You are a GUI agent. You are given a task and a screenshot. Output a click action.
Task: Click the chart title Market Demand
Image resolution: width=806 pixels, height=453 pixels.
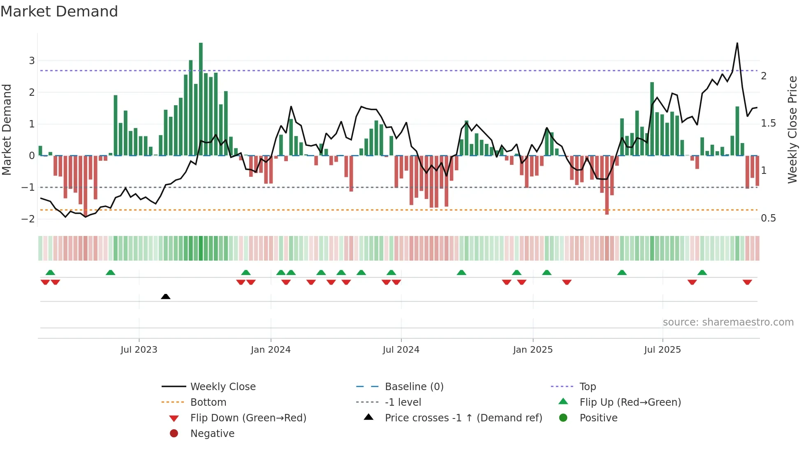click(59, 12)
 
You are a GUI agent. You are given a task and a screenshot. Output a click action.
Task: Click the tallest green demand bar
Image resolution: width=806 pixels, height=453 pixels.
click(201, 99)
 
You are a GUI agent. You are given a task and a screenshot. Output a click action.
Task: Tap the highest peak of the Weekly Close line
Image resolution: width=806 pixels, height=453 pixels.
click(737, 44)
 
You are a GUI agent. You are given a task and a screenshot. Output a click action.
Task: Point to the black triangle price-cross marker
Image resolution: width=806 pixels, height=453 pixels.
click(166, 296)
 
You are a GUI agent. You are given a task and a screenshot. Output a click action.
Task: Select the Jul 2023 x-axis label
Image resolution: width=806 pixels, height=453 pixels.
click(139, 349)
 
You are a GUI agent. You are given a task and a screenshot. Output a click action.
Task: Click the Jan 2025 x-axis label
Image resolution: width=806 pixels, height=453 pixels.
click(533, 349)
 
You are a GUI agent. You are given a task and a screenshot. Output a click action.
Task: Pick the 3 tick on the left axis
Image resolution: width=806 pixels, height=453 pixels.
click(32, 61)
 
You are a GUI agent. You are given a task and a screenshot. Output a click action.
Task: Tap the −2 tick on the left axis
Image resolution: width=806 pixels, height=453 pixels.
click(28, 219)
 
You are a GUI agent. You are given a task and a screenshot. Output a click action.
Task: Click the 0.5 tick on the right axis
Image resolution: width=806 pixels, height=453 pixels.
click(768, 218)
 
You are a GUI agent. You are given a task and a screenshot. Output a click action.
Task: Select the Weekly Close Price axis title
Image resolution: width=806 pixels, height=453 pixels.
click(792, 129)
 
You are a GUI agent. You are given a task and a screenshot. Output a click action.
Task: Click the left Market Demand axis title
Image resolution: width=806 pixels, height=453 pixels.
click(7, 129)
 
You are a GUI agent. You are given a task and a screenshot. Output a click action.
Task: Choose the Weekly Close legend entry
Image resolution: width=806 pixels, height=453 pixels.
click(222, 386)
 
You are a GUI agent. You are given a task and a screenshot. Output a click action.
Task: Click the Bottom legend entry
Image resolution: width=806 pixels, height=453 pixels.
click(208, 402)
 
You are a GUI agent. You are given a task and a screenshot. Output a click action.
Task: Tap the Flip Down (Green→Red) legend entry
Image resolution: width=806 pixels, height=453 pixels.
click(248, 418)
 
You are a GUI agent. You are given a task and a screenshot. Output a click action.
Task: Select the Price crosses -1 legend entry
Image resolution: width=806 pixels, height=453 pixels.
click(463, 418)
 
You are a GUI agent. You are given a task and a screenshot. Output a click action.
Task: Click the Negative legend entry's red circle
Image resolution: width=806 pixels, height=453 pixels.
click(174, 433)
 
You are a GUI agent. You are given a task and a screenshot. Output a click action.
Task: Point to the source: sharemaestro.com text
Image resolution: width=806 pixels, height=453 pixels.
click(728, 322)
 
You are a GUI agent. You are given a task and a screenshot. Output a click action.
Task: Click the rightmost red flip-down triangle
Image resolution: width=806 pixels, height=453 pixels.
click(747, 282)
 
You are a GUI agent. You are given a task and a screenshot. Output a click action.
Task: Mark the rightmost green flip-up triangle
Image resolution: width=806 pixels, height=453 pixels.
click(702, 273)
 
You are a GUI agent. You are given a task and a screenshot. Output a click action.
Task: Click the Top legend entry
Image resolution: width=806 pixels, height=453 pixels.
click(587, 386)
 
